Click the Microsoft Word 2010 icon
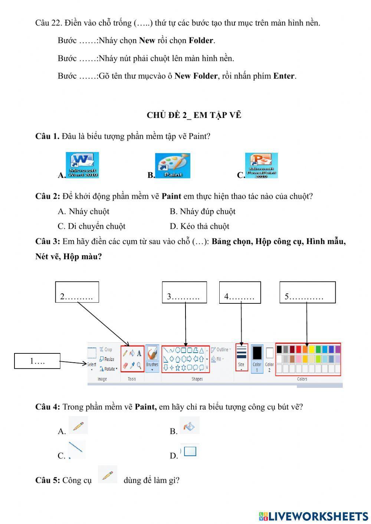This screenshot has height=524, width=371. point(82,165)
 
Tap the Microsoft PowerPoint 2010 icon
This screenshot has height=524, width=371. point(261,165)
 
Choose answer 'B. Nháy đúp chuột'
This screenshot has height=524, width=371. point(203,212)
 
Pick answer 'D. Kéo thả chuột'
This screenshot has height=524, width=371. point(200,227)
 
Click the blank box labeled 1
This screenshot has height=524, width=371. point(37,361)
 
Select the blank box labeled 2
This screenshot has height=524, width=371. point(77,292)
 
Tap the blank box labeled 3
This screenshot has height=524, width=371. point(184,292)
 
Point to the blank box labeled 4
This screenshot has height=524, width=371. point(240,292)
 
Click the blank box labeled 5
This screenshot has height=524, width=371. point(307,292)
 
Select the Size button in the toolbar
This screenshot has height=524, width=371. point(241,357)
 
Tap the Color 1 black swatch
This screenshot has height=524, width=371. point(257,353)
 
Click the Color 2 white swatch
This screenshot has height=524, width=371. point(270,353)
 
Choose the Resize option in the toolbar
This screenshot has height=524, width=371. point(107,359)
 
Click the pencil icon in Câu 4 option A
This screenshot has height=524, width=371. point(78,425)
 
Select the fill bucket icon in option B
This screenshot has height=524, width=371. point(189,426)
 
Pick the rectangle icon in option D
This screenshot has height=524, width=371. point(190,451)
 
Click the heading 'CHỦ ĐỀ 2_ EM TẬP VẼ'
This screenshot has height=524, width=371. point(194,115)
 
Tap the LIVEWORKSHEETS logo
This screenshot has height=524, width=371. point(313,516)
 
